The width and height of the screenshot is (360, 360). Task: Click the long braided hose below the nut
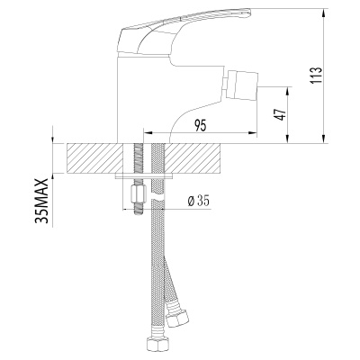tap(163, 270)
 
